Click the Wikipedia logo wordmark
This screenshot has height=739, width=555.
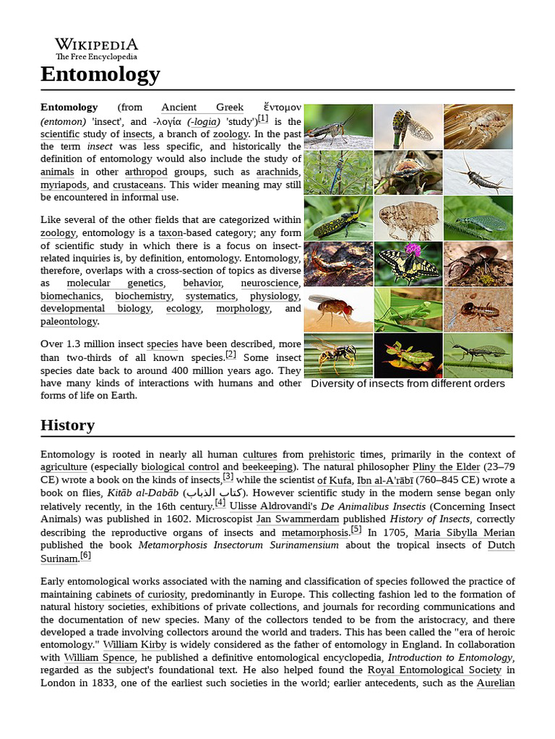[96, 45]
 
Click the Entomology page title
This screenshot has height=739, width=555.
[100, 74]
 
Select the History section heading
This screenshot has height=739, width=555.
[67, 425]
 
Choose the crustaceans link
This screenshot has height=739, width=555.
[139, 185]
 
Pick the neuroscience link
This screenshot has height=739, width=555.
[270, 284]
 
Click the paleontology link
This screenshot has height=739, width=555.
[69, 321]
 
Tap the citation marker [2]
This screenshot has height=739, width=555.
[231, 354]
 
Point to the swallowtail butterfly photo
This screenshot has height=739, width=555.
[408, 264]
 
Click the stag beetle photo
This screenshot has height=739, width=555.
[478, 264]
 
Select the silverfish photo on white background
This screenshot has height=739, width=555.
[478, 172]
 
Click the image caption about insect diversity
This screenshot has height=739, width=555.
[408, 384]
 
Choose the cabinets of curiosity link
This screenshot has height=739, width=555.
[140, 595]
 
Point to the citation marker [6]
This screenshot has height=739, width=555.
[85, 556]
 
